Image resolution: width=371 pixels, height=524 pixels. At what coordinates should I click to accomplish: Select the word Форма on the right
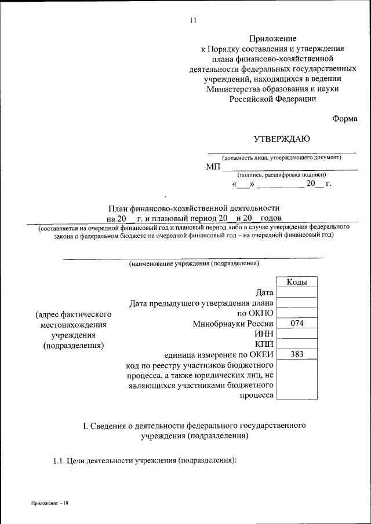point(345,118)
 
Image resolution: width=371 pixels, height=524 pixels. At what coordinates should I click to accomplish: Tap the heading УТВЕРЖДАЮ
point(282,138)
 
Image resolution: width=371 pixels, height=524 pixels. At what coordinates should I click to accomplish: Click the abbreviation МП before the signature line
point(213,167)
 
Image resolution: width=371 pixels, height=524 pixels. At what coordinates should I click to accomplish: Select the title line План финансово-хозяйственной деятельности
point(194,207)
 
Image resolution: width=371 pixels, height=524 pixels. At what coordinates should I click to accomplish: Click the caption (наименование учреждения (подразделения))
point(194,263)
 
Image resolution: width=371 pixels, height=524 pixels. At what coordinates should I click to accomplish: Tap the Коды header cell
point(297,282)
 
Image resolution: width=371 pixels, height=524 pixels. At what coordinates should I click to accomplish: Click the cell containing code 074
point(297,324)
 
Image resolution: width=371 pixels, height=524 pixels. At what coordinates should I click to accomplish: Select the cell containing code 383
point(297,354)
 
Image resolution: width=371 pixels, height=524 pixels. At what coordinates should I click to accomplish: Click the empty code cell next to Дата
point(297,292)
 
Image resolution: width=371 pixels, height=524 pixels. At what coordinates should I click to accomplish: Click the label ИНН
point(263,334)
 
